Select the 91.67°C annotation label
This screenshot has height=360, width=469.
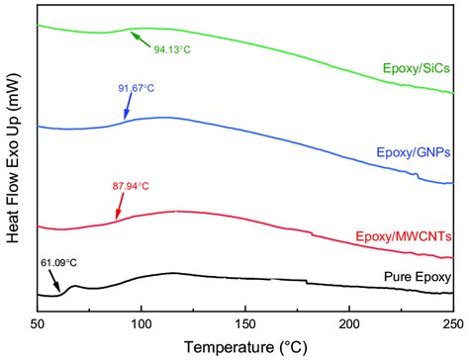point(136,88)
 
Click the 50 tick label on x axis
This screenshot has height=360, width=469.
point(38,323)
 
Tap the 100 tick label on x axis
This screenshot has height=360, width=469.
point(141,323)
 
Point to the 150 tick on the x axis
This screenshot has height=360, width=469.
point(245,323)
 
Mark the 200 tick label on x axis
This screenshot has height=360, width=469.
point(349,323)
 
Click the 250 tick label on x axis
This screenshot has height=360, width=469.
point(451,323)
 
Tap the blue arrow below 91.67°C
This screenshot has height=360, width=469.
point(127,107)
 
